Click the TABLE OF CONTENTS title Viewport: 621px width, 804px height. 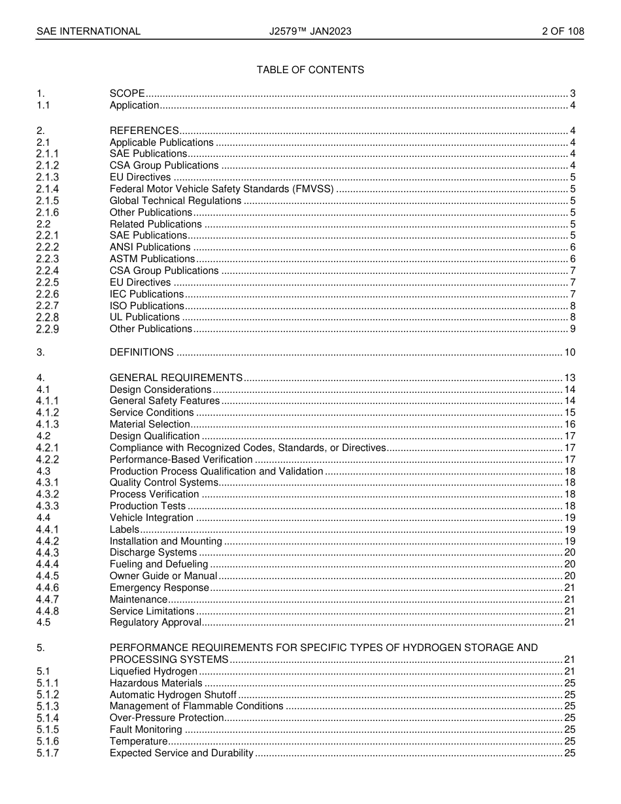(310, 70)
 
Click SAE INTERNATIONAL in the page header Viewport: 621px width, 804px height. (88, 31)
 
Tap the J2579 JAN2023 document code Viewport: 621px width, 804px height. (310, 31)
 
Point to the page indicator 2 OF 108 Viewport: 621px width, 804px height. (563, 31)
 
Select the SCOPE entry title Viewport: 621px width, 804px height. (127, 93)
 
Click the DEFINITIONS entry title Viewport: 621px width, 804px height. (141, 352)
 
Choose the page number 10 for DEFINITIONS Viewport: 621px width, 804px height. (569, 352)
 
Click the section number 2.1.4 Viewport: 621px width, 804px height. (47, 189)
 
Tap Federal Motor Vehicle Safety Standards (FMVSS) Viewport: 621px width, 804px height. (222, 189)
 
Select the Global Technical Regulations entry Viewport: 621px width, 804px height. (175, 201)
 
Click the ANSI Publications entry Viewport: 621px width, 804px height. (150, 247)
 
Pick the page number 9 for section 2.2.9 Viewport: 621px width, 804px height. (573, 329)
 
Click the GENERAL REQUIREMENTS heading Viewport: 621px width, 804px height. (176, 378)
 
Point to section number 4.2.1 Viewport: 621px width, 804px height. (47, 448)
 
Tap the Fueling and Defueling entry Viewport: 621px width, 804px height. (159, 564)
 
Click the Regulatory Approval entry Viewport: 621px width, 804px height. (155, 622)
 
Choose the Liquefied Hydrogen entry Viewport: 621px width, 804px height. (153, 671)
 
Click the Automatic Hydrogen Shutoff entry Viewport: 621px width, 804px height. (173, 695)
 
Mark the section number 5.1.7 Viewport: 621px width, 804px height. (47, 753)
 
